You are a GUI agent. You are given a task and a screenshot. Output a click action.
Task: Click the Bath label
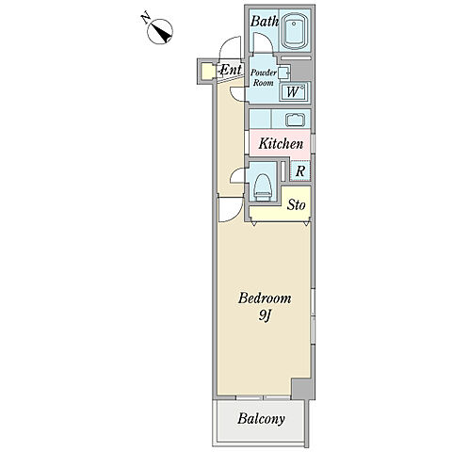265,22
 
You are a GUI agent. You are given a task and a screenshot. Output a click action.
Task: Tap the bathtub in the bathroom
294,31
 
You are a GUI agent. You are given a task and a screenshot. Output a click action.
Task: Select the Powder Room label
264,77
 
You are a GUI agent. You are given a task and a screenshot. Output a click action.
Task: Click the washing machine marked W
294,92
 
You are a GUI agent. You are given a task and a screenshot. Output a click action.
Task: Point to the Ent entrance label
232,70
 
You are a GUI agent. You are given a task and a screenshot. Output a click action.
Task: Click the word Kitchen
281,144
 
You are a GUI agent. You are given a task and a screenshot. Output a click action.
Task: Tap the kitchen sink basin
295,120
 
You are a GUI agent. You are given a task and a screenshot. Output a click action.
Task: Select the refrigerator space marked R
300,171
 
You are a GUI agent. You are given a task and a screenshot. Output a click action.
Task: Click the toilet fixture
263,187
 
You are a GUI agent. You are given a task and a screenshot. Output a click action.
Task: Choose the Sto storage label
297,205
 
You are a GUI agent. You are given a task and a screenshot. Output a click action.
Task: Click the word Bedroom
265,298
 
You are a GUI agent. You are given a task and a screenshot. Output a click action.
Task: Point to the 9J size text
265,315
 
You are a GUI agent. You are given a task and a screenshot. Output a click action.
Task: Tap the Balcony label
261,419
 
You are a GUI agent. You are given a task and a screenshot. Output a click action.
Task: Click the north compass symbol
160,31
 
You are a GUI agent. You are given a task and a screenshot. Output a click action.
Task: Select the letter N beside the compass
145,18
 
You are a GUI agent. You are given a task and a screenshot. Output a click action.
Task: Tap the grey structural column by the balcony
302,388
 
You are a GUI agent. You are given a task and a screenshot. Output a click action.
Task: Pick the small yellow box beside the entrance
207,72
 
